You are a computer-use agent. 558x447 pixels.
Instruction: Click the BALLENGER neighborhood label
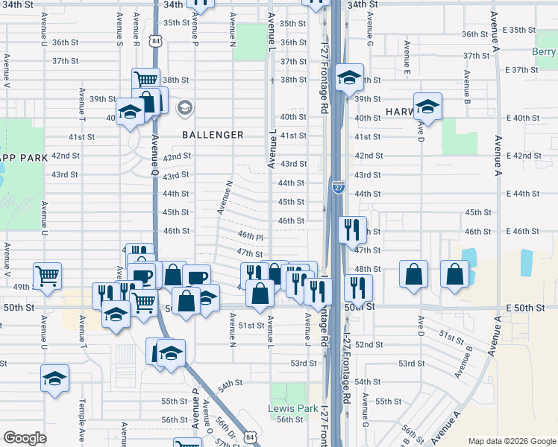[213, 135]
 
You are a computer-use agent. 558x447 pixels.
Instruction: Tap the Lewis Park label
[287, 408]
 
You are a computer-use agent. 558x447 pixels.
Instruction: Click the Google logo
[25, 438]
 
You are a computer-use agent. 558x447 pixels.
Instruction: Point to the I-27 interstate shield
[338, 187]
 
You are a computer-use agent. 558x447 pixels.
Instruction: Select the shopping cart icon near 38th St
[145, 79]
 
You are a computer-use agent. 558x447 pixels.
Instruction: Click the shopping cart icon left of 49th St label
[47, 275]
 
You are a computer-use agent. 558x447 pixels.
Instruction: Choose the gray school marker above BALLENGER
[184, 109]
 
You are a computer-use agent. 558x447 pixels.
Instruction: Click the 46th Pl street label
[251, 235]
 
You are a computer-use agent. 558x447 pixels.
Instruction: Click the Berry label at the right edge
[545, 51]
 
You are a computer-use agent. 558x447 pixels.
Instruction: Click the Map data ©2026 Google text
[511, 440]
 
